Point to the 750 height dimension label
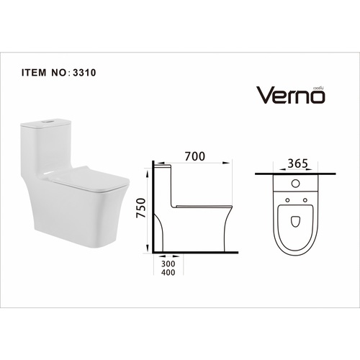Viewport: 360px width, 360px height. (x=143, y=208)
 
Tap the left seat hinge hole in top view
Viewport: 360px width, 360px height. (x=288, y=199)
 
